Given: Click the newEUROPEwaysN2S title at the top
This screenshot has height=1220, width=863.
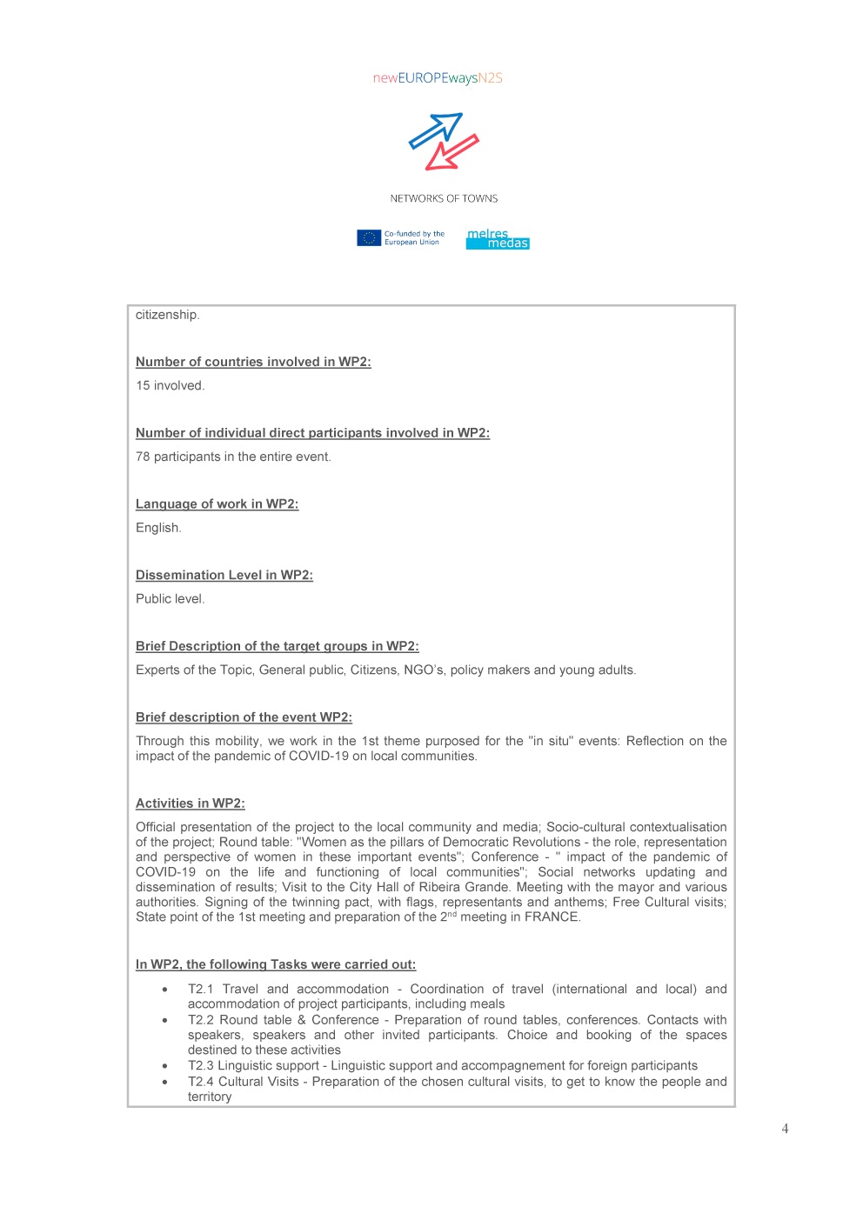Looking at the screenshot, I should click(438, 78).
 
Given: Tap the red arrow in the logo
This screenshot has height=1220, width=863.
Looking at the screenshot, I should click(452, 152).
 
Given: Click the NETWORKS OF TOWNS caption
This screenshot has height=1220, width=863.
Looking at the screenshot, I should click(444, 198).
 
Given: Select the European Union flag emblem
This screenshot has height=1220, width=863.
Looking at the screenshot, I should click(369, 237).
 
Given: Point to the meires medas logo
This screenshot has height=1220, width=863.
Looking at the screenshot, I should click(497, 238).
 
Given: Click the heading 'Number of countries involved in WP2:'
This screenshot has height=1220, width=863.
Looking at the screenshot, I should click(253, 362).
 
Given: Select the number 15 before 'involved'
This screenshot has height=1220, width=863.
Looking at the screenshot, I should click(143, 385).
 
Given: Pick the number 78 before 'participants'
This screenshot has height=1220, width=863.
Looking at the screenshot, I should click(143, 457).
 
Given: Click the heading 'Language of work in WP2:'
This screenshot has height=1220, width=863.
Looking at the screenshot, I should click(217, 503).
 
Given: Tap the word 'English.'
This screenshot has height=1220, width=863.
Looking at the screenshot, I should click(158, 528).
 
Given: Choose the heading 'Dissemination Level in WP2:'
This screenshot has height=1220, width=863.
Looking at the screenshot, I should click(224, 575).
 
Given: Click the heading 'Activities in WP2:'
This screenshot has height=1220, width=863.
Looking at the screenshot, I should click(190, 803).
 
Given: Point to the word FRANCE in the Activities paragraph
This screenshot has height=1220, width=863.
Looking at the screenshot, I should click(552, 917).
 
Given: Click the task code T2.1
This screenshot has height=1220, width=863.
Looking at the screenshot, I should click(200, 989).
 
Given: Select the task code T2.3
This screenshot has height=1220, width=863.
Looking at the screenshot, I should click(200, 1065).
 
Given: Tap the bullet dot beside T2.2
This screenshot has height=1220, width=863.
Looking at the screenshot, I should click(164, 1020).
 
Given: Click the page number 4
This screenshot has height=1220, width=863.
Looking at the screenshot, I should click(785, 1129).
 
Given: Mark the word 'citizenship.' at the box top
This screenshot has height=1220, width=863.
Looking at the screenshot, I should click(167, 315).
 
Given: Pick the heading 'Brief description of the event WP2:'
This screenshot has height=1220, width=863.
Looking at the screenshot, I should click(244, 717).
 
